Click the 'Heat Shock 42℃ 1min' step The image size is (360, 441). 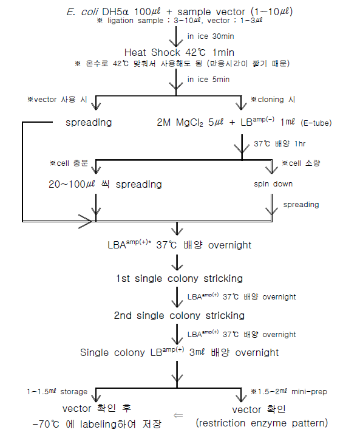coord(172,52)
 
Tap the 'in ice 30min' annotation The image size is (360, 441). coord(208,36)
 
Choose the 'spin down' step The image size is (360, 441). coord(273,183)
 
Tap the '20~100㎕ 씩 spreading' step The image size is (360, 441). coord(106,183)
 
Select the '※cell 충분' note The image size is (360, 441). coord(70,164)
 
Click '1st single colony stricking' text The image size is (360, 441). coord(179,279)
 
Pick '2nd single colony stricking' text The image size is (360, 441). coord(179,316)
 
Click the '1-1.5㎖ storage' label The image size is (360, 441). coord(57,392)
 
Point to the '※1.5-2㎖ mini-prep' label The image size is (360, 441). coord(288,392)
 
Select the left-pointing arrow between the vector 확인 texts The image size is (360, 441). coord(177,415)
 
